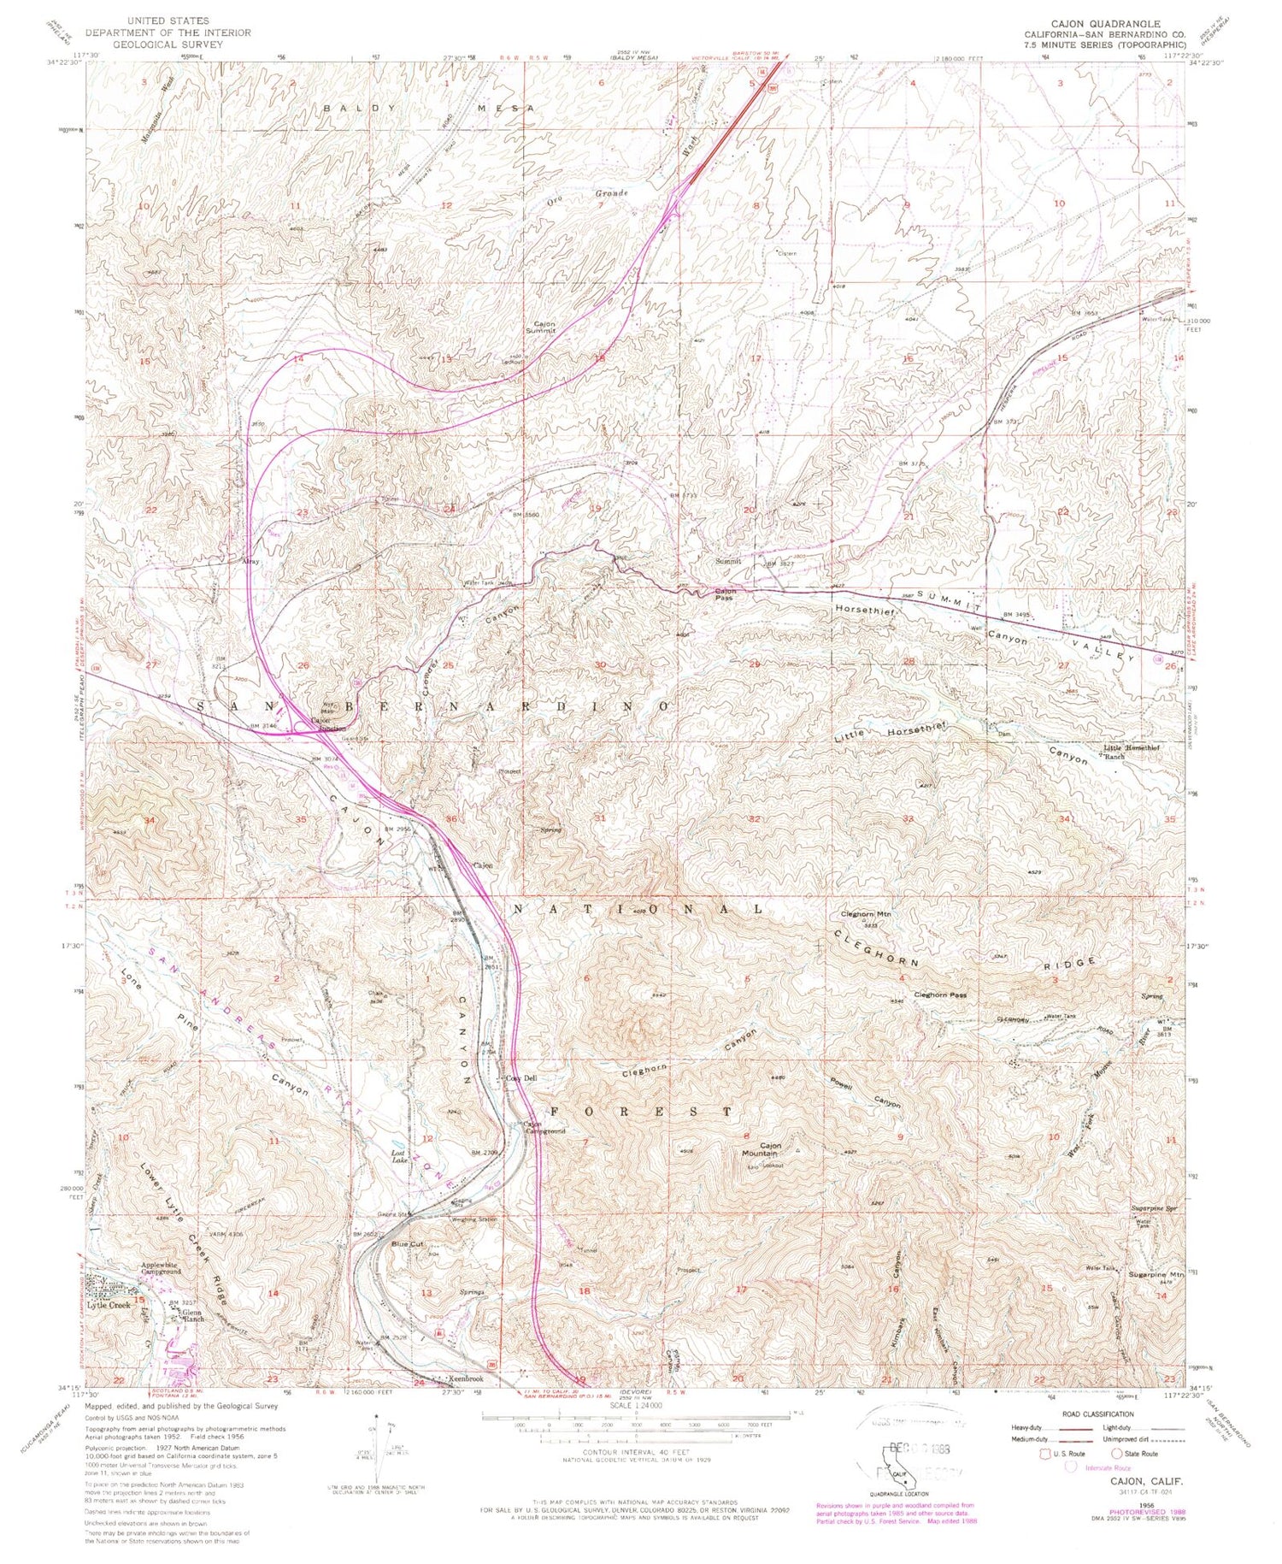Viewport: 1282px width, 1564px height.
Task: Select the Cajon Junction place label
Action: coord(322,723)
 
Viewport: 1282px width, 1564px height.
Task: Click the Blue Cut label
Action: coord(408,1244)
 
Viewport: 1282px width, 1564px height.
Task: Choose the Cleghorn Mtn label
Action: coord(866,914)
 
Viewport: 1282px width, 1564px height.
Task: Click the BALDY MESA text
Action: coord(428,109)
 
